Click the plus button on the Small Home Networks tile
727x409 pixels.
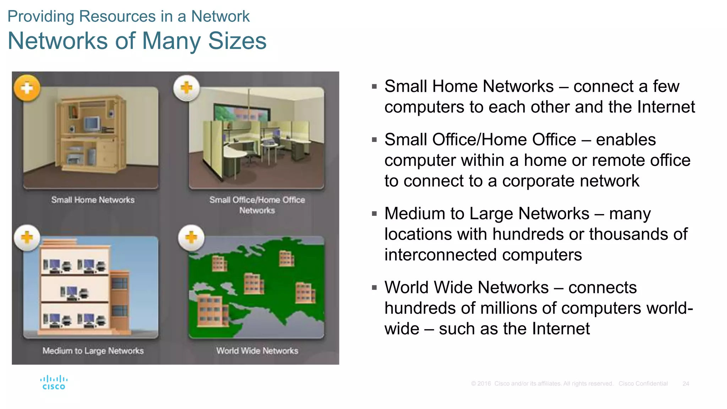pos(27,88)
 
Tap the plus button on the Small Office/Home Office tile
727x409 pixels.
pos(186,88)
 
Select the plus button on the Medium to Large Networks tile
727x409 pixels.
pos(27,238)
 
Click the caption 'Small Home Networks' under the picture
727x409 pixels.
pos(93,200)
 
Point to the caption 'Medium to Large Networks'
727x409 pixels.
pos(93,351)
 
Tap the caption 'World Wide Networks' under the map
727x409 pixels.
pos(257,351)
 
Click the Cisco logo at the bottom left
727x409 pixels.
pos(54,383)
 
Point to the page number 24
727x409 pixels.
pos(685,384)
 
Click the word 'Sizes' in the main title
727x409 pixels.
pos(237,41)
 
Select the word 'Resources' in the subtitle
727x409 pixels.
pos(117,16)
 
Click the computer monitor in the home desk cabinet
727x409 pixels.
pos(92,124)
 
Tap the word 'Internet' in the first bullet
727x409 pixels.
pos(666,107)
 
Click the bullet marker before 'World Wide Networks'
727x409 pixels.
pos(374,287)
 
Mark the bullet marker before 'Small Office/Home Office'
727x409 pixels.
pos(374,140)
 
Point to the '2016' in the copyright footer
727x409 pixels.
pos(484,384)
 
